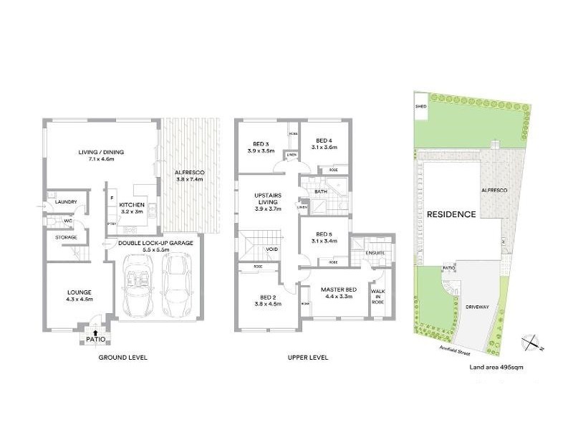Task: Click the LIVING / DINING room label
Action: (x=101, y=152)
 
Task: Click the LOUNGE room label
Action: (x=80, y=293)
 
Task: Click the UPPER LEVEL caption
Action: (x=308, y=357)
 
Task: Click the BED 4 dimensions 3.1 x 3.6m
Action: (x=324, y=148)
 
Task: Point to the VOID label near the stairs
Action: (x=272, y=249)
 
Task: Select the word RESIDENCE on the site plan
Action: (x=451, y=214)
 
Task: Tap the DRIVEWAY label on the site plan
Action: (x=476, y=306)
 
